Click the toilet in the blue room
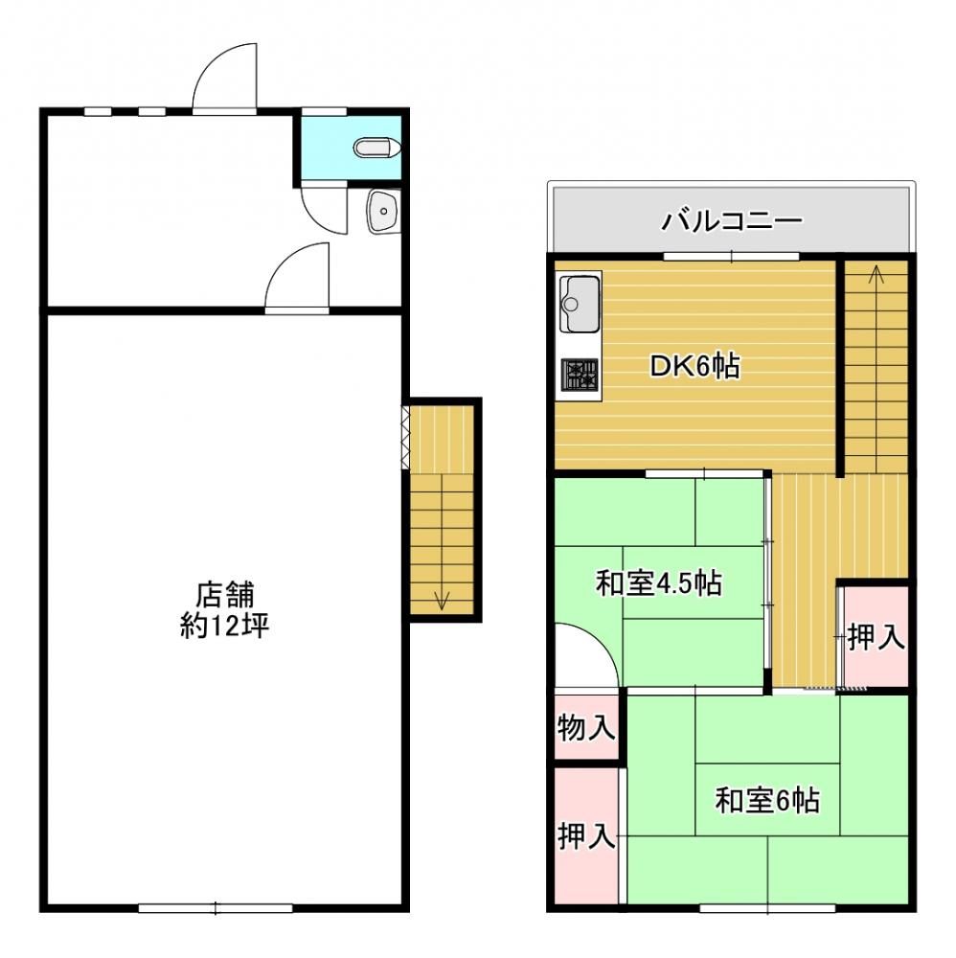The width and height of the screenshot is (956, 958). pyautogui.click(x=376, y=148)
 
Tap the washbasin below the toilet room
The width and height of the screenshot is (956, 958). pyautogui.click(x=383, y=211)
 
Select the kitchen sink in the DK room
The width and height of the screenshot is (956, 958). pyautogui.click(x=580, y=303)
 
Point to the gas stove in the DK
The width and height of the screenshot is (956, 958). pyautogui.click(x=580, y=374)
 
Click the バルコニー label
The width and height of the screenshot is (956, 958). pyautogui.click(x=732, y=220)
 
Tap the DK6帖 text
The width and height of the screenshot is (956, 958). pyautogui.click(x=694, y=366)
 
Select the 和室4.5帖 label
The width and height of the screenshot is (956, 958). pyautogui.click(x=659, y=582)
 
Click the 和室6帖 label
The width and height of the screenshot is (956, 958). pyautogui.click(x=767, y=800)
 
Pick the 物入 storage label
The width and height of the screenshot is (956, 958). pyautogui.click(x=586, y=728)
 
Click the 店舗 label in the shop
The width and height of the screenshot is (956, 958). pyautogui.click(x=225, y=595)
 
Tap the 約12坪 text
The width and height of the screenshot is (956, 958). pyautogui.click(x=225, y=626)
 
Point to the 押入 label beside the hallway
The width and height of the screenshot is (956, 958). pyautogui.click(x=876, y=637)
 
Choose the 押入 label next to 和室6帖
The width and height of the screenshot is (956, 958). pyautogui.click(x=586, y=835)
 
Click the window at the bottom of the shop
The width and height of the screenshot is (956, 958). pyautogui.click(x=215, y=908)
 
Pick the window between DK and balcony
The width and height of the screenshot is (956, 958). pyautogui.click(x=731, y=257)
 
